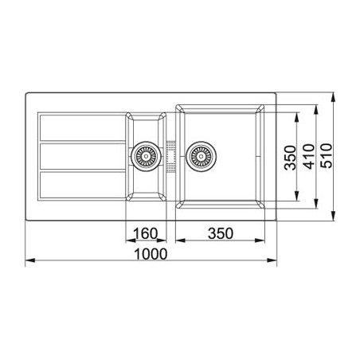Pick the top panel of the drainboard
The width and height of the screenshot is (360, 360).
tap(80, 127)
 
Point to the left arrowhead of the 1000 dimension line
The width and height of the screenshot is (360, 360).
tap(29, 261)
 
